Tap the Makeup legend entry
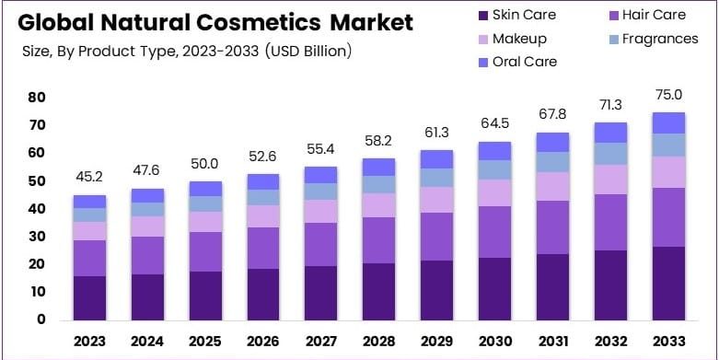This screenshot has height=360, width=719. click(519, 39)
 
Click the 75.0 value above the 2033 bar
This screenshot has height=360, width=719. click(669, 94)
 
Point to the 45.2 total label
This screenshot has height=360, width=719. click(89, 177)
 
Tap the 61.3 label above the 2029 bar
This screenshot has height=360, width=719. click(437, 132)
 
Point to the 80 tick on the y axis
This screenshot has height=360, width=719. click(37, 97)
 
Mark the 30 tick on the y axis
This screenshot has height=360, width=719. click(37, 237)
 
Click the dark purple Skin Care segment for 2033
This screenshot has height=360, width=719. click(669, 283)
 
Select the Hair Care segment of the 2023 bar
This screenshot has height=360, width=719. click(89, 258)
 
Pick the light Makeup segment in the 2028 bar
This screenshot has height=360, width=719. click(379, 204)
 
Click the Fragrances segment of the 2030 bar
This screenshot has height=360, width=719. click(495, 169)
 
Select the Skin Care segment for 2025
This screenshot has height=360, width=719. click(205, 296)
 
